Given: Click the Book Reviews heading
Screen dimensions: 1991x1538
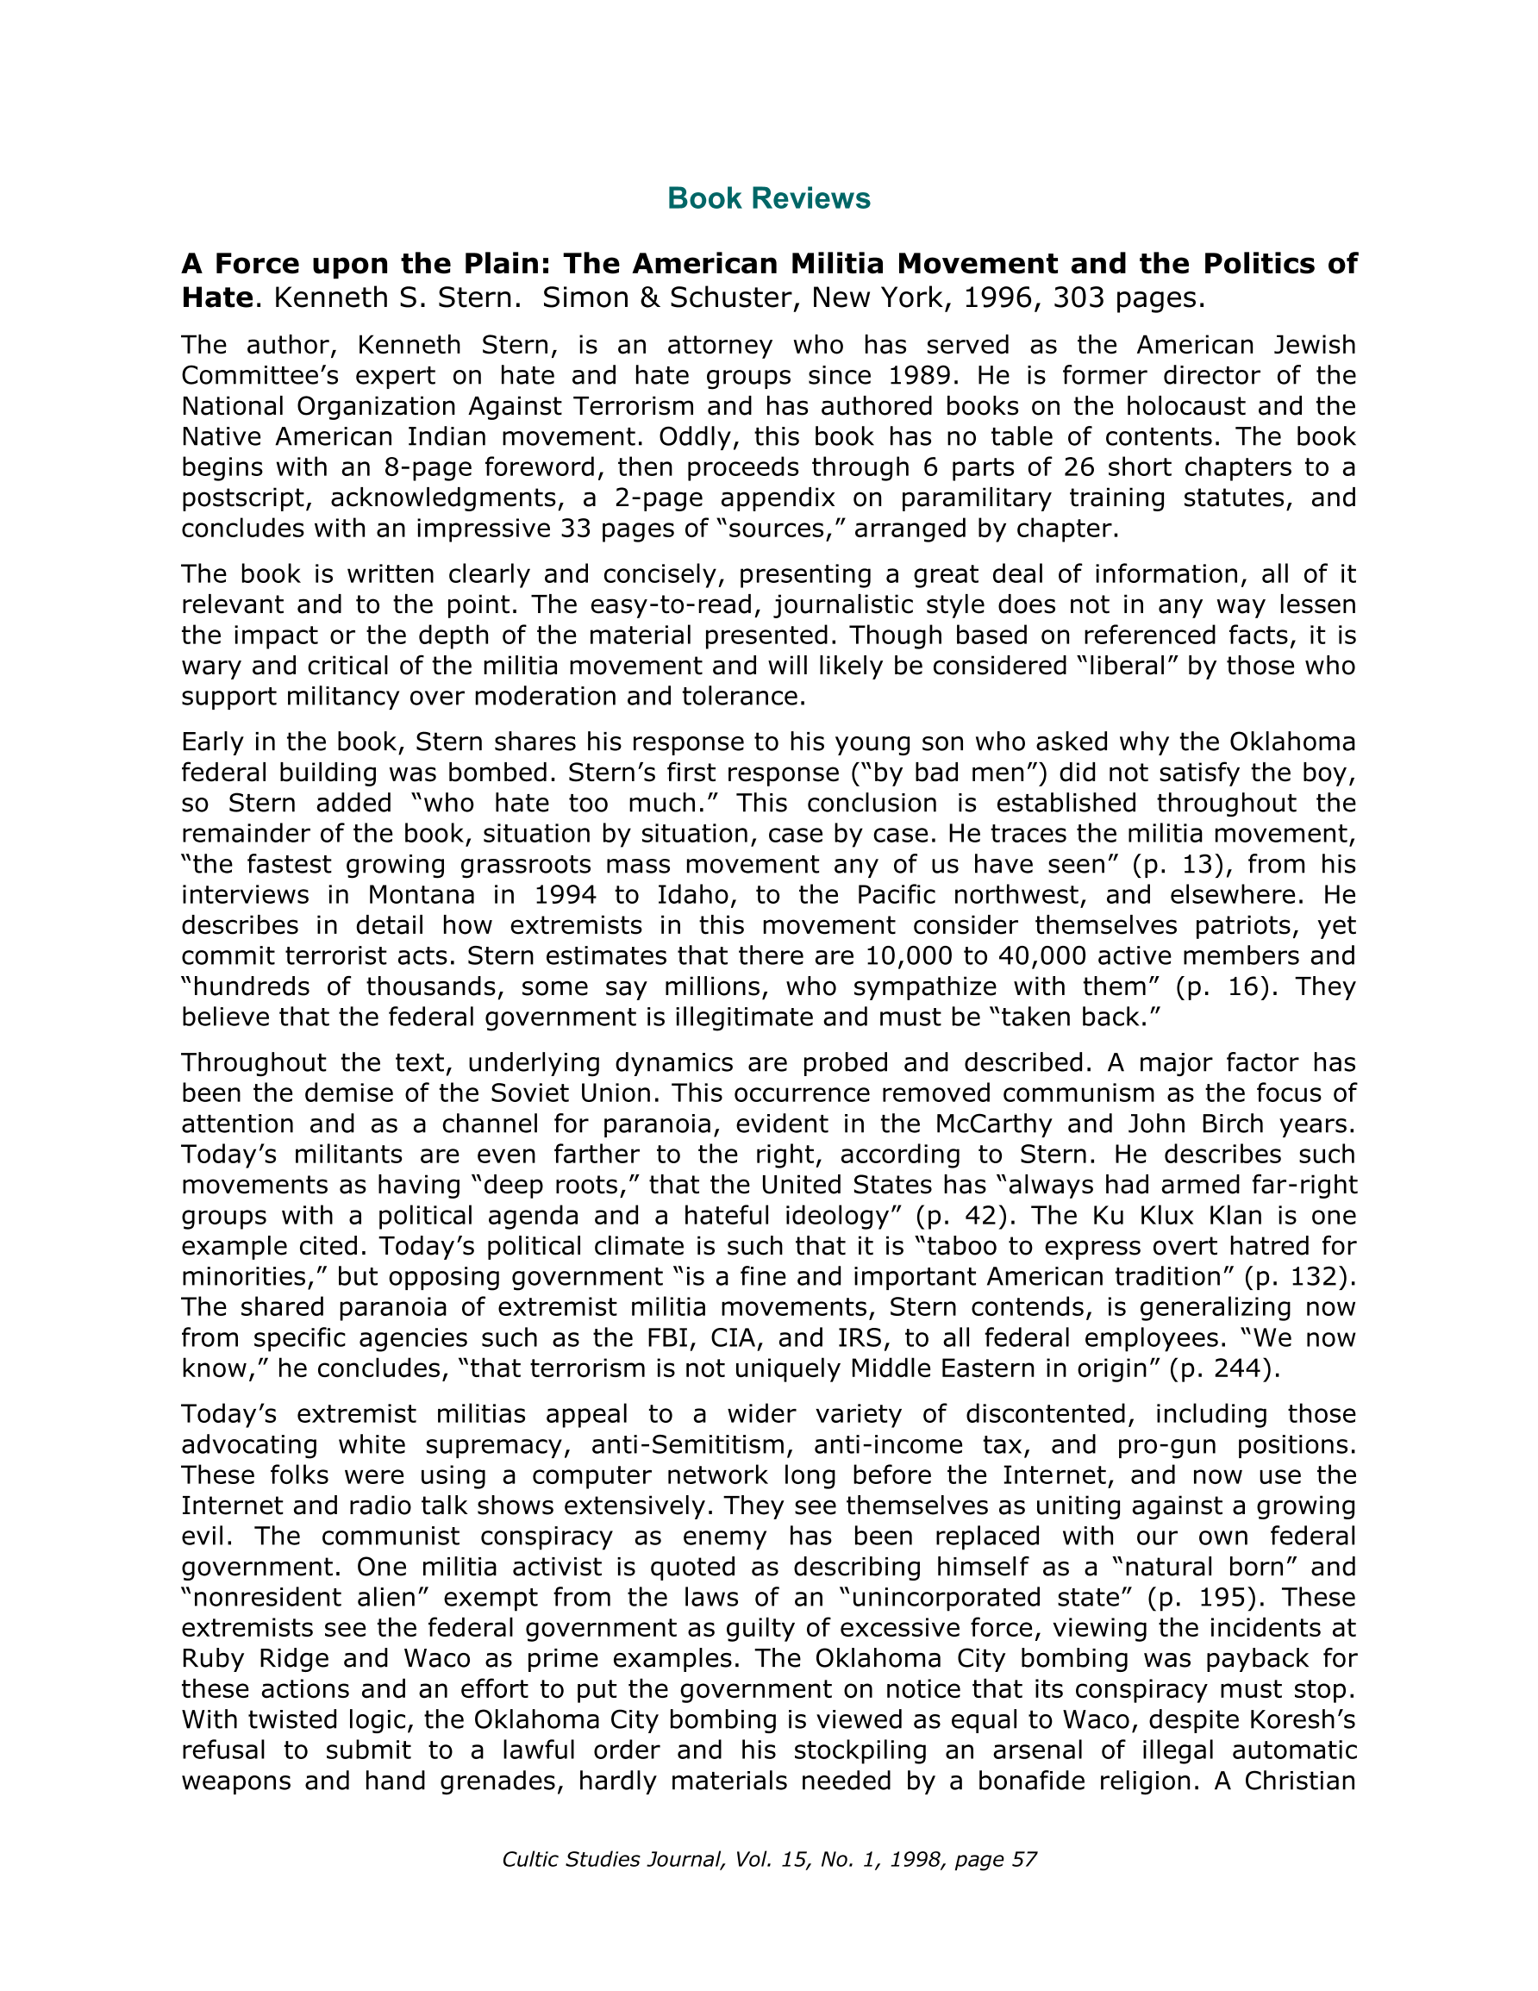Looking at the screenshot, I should pyautogui.click(x=768, y=198).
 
